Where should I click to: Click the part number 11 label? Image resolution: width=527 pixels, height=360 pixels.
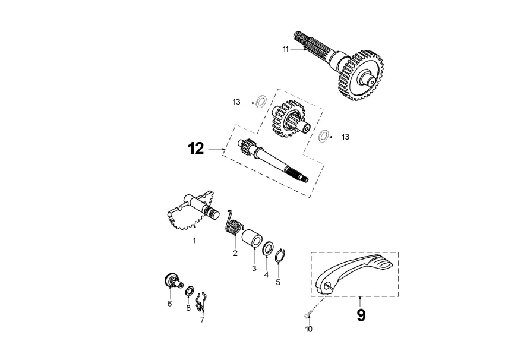285,49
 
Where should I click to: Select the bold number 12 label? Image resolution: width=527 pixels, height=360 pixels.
196,149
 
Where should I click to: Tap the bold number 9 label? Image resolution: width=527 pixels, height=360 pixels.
361,315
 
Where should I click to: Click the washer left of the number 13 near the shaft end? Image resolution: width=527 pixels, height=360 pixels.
323,135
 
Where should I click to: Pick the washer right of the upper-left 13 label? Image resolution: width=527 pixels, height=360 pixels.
260,102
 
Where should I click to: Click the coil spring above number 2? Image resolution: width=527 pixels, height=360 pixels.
236,225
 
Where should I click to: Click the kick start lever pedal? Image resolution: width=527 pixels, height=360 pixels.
354,273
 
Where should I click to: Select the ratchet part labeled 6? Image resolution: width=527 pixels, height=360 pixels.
172,281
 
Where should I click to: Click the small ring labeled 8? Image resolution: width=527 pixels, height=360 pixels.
189,291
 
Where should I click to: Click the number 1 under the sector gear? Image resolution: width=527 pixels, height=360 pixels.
194,241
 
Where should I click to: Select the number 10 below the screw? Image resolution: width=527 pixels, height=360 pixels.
308,329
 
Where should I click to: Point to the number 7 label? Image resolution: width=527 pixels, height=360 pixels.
202,320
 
